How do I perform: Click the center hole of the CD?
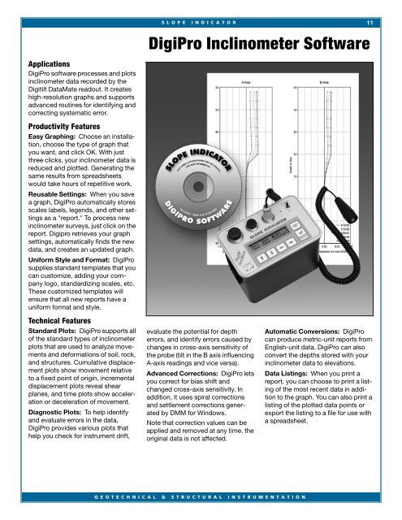[198, 180]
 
